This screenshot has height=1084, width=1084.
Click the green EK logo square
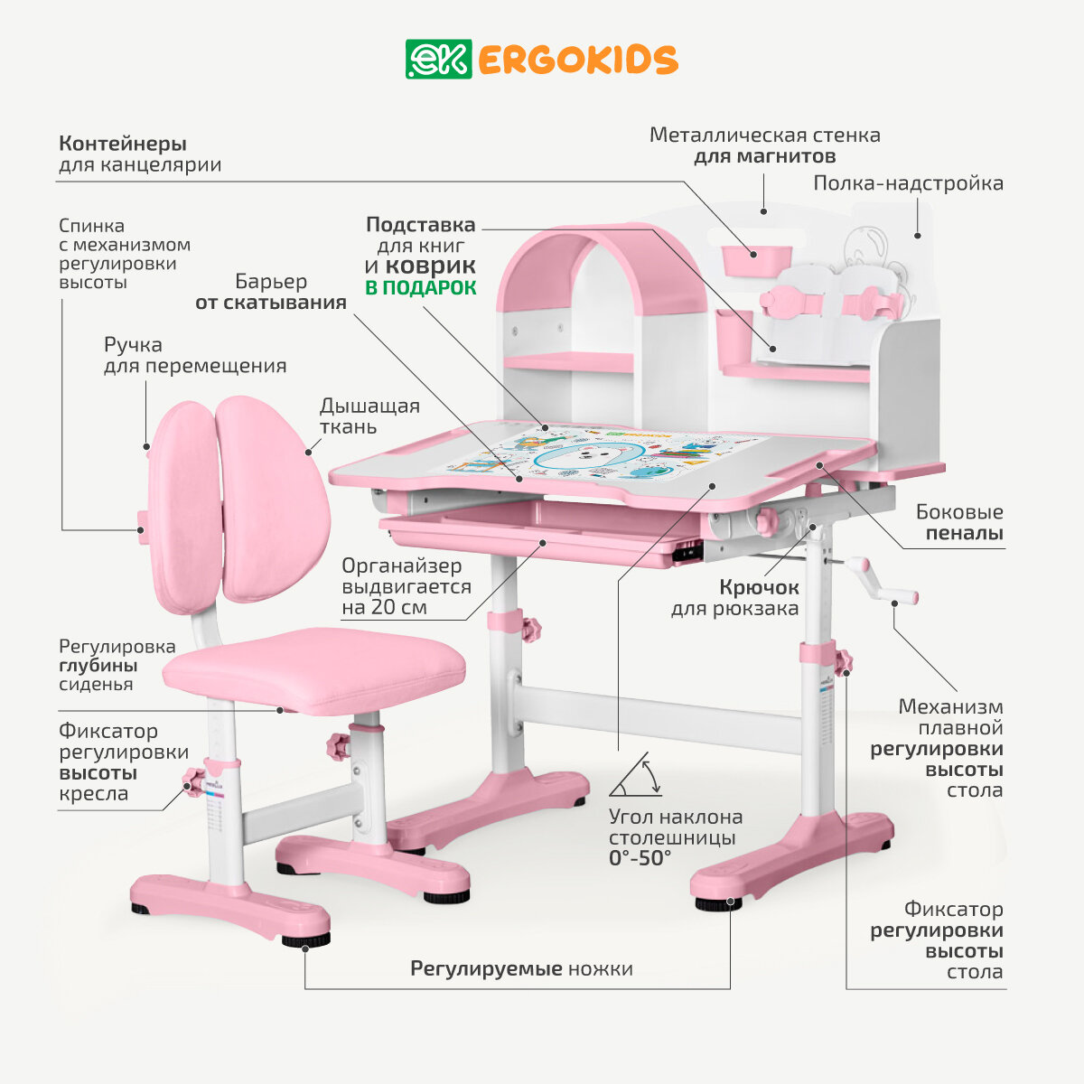[x=438, y=59]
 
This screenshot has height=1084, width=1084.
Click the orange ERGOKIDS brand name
[x=577, y=60]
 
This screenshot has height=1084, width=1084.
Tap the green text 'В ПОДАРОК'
[x=420, y=288]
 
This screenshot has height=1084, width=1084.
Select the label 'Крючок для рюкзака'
[x=734, y=598]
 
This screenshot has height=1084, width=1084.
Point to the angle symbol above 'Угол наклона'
[x=639, y=775]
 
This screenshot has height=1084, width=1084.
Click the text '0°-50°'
[x=640, y=858]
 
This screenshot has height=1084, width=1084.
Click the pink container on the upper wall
[x=756, y=261]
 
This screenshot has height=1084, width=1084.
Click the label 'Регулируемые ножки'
[x=521, y=969]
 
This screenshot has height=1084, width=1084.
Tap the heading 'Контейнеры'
[x=123, y=144]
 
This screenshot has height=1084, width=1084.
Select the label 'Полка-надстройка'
[x=908, y=183]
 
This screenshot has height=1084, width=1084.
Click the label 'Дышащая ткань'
[x=369, y=416]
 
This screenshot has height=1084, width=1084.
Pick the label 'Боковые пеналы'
[x=959, y=522]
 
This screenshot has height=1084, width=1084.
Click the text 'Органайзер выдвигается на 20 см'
[x=406, y=586]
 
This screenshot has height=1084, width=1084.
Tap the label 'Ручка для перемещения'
[x=194, y=355]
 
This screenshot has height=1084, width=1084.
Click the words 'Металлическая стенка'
[x=764, y=135]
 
